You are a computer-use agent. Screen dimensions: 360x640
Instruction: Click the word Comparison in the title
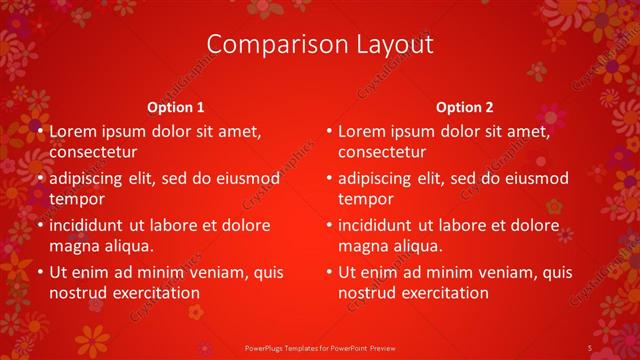click(x=268, y=45)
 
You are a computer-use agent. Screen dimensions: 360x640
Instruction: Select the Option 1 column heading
click(x=176, y=107)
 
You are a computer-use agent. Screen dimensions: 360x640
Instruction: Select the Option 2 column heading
click(x=465, y=107)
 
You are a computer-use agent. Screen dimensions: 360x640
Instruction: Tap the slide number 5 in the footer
click(x=590, y=347)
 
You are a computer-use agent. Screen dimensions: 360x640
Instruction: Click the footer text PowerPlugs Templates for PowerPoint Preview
click(x=319, y=347)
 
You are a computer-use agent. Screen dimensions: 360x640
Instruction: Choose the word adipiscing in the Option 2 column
click(x=382, y=179)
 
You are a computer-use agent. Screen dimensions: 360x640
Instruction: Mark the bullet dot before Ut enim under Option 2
click(x=329, y=272)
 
